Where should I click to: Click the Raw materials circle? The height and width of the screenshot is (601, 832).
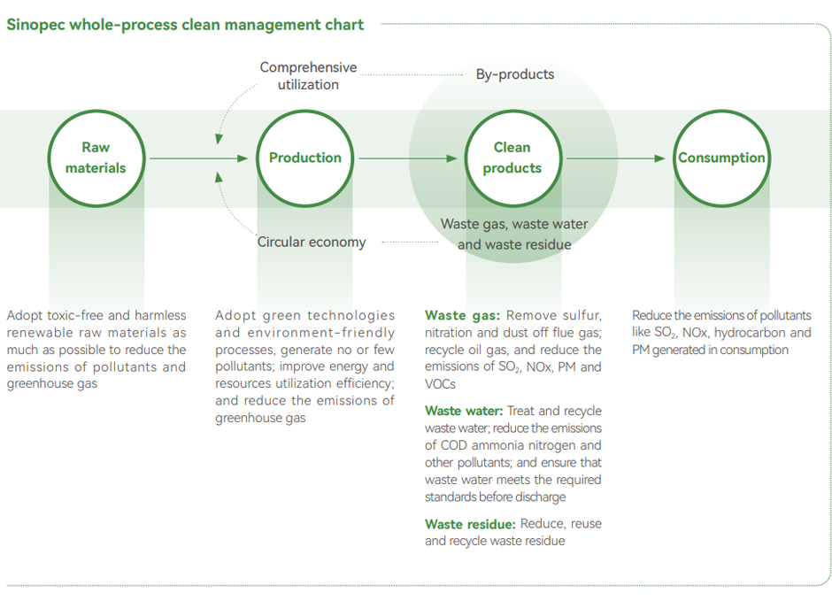coord(96,158)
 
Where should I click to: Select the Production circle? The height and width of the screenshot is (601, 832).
coord(305,158)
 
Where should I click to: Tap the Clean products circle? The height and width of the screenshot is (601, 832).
coord(512,158)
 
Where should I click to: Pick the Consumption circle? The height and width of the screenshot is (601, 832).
coord(721,158)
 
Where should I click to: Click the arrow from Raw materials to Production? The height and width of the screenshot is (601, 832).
coord(199,158)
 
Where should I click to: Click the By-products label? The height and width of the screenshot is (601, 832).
coord(515,74)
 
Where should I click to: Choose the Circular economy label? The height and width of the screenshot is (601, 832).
coord(312,242)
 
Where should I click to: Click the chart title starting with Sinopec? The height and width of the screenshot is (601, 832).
coord(185,25)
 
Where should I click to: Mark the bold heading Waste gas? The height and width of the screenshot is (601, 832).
coord(463,316)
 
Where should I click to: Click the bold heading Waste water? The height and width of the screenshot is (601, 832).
coord(464,412)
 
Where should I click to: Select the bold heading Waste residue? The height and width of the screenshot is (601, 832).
coord(470,524)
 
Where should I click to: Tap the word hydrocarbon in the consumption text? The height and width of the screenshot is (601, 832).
coord(751,333)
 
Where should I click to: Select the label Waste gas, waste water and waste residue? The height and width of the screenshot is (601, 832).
coord(514,234)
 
